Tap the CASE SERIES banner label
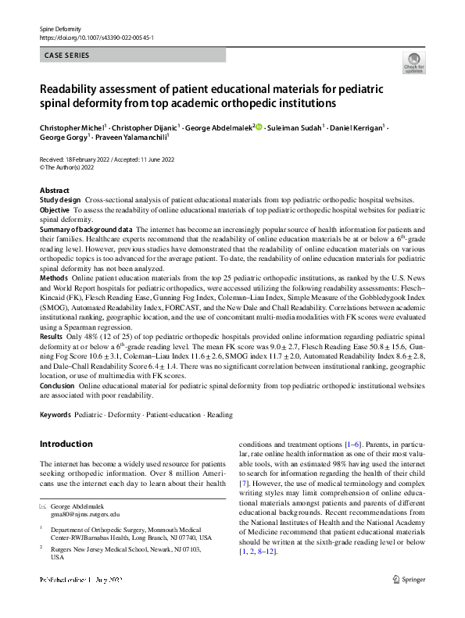67,55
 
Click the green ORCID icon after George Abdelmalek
259,127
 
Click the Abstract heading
54,191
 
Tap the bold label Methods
53,277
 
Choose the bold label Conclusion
57,384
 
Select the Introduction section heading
66,444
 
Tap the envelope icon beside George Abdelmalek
43,505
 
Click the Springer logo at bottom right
409,579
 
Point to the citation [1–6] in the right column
354,444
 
